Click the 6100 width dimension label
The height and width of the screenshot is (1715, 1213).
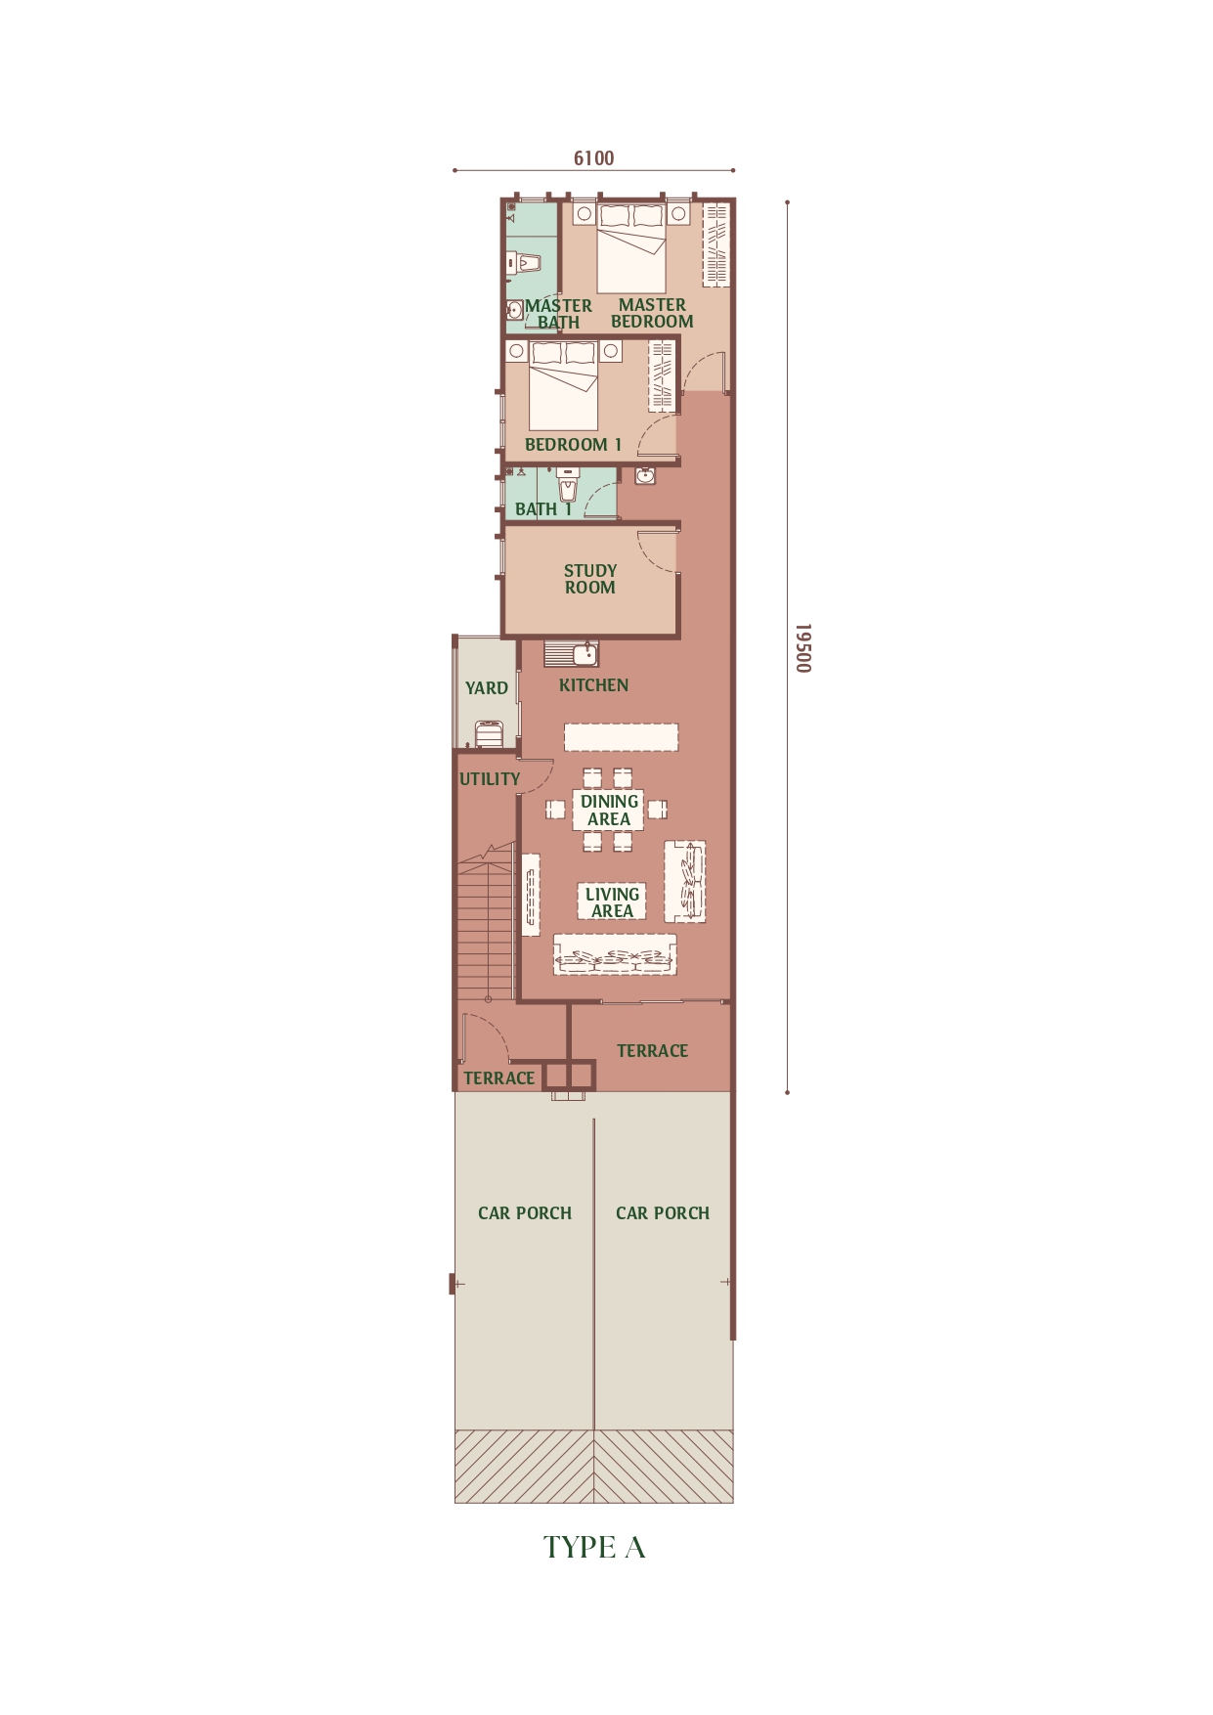[593, 158]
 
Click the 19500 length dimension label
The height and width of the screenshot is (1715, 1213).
[802, 648]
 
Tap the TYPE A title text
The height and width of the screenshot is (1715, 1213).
[594, 1547]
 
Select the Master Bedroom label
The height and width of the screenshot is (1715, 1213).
[652, 313]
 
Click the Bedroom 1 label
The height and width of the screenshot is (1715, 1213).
[573, 445]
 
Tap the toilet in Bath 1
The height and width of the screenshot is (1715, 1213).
[568, 485]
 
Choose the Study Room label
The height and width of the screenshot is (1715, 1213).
[590, 579]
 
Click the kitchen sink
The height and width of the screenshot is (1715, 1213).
[572, 653]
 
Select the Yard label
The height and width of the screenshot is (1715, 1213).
[487, 688]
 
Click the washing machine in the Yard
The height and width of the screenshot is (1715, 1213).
[489, 733]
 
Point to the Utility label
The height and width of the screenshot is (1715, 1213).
[490, 779]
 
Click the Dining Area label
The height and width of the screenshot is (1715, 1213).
[609, 811]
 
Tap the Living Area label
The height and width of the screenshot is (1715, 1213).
[612, 902]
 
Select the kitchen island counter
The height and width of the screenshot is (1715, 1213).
[621, 737]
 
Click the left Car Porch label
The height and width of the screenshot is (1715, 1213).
[525, 1213]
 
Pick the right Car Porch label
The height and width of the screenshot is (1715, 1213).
[663, 1213]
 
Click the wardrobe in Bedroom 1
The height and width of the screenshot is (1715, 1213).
[663, 375]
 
